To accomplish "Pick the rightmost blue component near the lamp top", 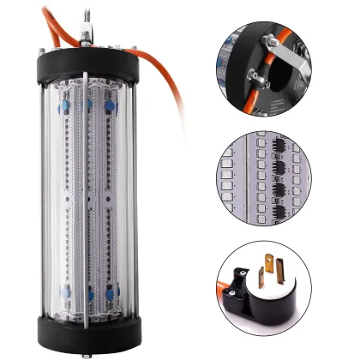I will [x=110, y=107].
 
